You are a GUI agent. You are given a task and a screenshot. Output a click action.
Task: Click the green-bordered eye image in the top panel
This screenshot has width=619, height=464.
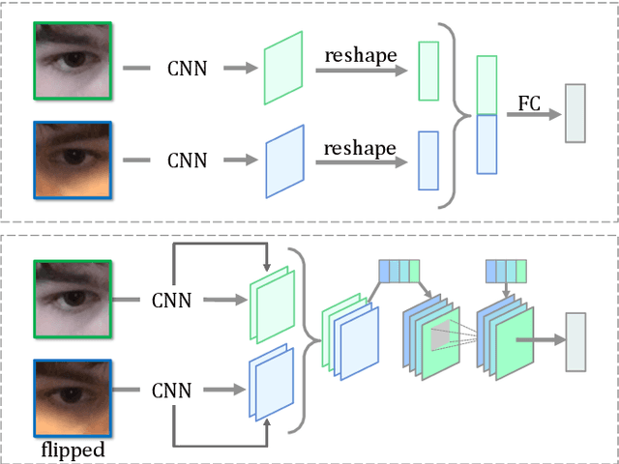73,62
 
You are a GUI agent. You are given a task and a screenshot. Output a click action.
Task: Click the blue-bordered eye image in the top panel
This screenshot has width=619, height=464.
73,159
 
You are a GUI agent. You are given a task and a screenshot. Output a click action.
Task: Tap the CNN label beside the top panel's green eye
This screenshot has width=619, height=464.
187,69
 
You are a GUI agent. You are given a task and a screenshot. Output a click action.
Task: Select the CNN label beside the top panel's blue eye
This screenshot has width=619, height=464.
187,159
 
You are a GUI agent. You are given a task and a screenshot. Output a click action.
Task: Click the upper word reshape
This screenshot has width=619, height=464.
360,56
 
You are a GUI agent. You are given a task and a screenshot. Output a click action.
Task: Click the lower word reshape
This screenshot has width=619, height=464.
360,148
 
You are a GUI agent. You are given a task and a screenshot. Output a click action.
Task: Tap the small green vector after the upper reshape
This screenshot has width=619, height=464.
427,71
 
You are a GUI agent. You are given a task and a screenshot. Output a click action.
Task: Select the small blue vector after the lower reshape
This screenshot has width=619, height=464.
427,160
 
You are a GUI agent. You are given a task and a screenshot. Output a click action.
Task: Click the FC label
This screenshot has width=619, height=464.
530,102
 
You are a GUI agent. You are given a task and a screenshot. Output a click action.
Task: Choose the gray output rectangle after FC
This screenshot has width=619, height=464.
575,113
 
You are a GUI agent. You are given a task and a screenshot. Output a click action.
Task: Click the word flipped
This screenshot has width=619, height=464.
73,449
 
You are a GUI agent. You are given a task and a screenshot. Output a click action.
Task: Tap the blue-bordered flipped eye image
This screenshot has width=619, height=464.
73,397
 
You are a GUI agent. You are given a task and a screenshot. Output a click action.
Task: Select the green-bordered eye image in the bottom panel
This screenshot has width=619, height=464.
73,298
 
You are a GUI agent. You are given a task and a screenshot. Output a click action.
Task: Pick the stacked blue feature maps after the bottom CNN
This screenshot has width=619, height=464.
270,388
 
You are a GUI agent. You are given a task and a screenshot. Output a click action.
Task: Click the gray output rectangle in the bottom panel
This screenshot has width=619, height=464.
575,341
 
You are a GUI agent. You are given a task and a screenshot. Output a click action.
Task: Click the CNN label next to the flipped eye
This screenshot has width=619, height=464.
171,391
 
